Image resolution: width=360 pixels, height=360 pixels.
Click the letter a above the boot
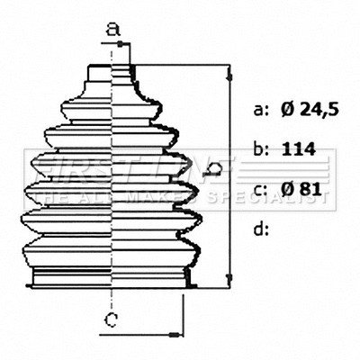[112, 29]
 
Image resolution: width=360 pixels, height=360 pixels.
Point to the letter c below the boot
[110, 319]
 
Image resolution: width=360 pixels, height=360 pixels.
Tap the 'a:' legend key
[261, 111]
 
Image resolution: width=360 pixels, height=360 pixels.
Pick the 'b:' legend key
[261, 149]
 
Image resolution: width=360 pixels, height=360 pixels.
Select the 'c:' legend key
[261, 188]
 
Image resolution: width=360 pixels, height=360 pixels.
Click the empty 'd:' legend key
[261, 228]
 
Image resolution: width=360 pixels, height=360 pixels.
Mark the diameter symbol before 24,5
[287, 111]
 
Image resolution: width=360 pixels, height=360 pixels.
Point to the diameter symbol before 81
[287, 188]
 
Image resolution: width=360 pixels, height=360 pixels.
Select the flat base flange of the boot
[112, 276]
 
